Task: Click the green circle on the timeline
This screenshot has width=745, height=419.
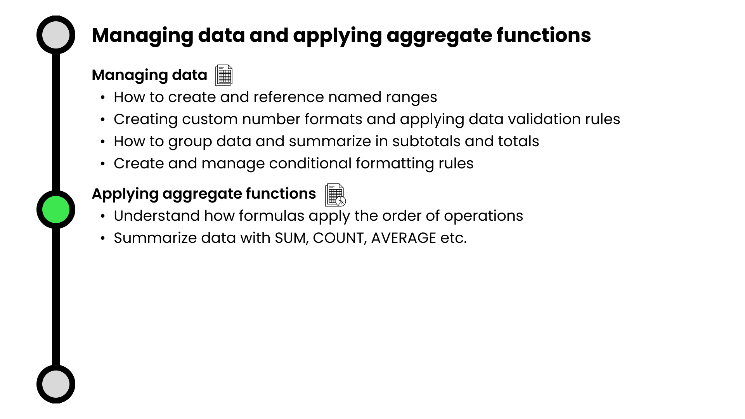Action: tap(56, 209)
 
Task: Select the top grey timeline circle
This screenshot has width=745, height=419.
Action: tap(56, 35)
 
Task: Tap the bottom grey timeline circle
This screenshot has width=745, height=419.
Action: tap(56, 384)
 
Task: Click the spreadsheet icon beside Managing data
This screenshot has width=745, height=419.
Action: tap(224, 75)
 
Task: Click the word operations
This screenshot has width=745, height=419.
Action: tap(483, 216)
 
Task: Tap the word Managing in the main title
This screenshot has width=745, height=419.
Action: tap(142, 36)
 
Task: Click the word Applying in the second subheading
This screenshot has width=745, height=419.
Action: tap(125, 194)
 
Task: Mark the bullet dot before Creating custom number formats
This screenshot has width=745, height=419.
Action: tap(103, 119)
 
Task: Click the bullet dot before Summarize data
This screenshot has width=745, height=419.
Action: tap(103, 238)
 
